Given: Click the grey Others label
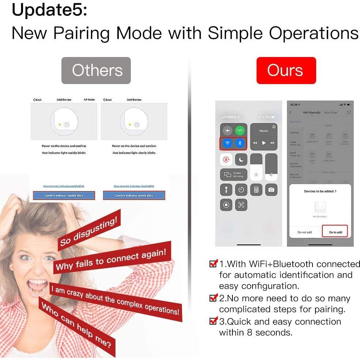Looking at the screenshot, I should pyautogui.click(x=96, y=71).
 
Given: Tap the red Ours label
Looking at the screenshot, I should pyautogui.click(x=286, y=71).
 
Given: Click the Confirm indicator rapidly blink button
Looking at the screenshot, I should pyautogui.click(x=64, y=196).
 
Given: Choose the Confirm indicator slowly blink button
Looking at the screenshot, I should pyautogui.click(x=134, y=196).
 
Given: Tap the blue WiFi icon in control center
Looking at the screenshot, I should pyautogui.click(x=227, y=143).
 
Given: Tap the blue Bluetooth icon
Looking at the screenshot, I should pyautogui.click(x=240, y=143).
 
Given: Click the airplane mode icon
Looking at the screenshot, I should pyautogui.click(x=227, y=130).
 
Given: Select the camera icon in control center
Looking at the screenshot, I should pyautogui.click(x=271, y=190).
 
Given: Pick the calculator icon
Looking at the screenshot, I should pyautogui.click(x=256, y=190).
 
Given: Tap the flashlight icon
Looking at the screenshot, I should pyautogui.click(x=226, y=190).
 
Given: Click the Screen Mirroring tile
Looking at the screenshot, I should pyautogui.click(x=234, y=175).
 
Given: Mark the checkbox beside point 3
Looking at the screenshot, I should pyautogui.click(x=213, y=321).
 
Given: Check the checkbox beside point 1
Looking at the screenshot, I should pyautogui.click(x=213, y=264).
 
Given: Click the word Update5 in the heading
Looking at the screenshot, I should pyautogui.click(x=50, y=10).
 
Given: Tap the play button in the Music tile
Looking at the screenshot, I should pyautogui.click(x=264, y=143).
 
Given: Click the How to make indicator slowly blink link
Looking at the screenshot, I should pyautogui.click(x=134, y=186).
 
